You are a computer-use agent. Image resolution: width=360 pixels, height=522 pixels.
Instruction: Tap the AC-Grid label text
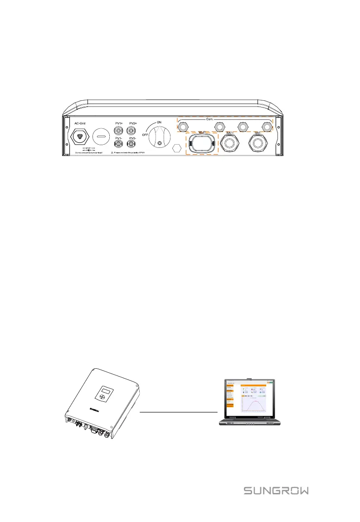coord(80,123)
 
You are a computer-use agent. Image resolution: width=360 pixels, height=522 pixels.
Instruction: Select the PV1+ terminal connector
coord(119,131)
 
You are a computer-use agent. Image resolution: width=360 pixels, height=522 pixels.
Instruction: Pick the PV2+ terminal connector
coord(132,131)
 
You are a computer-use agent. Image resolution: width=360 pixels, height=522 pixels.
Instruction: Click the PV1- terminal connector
coord(119,144)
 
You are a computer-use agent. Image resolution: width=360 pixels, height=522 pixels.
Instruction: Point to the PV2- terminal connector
coord(132,144)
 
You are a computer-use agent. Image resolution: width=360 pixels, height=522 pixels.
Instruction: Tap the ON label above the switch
coord(159,122)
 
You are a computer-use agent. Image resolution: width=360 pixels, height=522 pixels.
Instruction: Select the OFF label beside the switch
coord(145,135)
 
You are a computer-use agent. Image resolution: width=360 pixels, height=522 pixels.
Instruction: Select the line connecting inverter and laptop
coord(179,412)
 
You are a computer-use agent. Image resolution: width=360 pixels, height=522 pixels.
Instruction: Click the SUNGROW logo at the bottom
coord(277,491)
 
